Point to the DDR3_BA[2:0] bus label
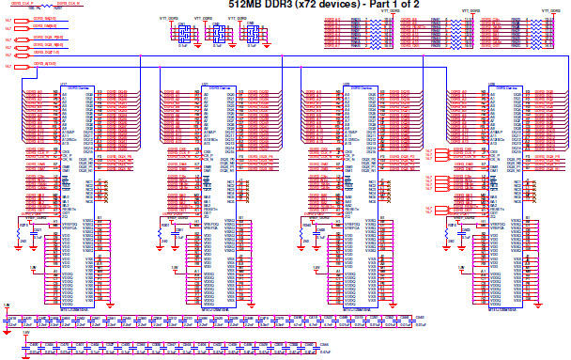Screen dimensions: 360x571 33,18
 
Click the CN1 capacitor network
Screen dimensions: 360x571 183,34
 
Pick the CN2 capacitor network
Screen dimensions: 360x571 216,34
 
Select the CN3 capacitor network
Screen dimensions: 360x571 251,34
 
